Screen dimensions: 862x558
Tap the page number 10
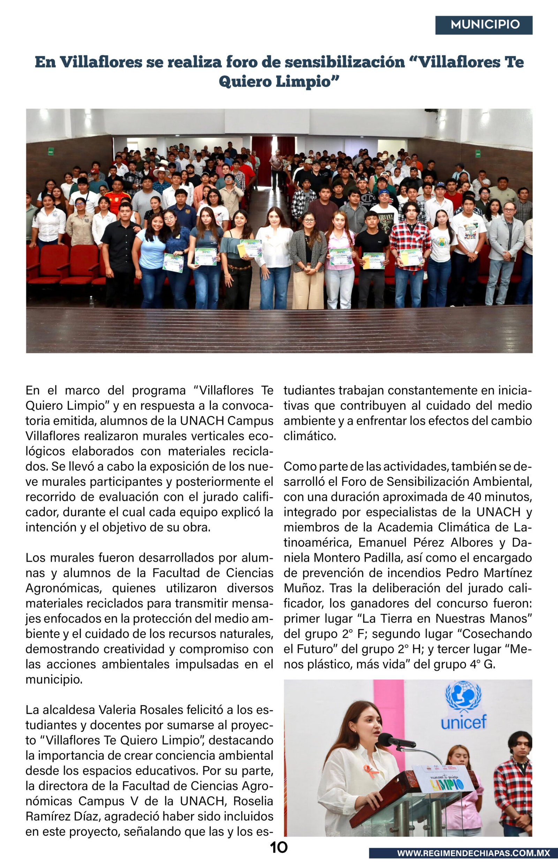pyautogui.click(x=279, y=847)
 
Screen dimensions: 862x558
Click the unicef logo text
pyautogui.click(x=463, y=723)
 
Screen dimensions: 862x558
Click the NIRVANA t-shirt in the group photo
pyautogui.click(x=385, y=219)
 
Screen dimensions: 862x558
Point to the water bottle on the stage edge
pyautogui.click(x=92, y=301)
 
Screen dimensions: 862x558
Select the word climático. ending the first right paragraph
pyautogui.click(x=310, y=436)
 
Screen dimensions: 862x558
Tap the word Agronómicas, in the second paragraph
pyautogui.click(x=63, y=588)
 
